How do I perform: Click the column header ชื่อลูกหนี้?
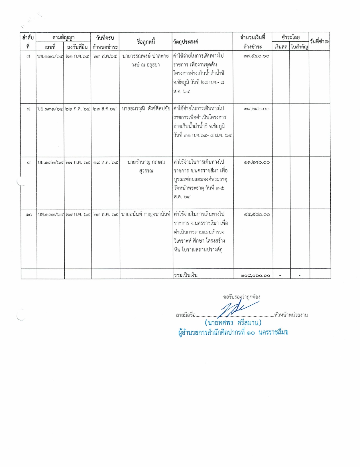(x=146, y=42)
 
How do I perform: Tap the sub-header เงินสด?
(x=281, y=47)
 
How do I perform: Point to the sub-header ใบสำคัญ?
(x=299, y=47)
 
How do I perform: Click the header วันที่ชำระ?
(x=320, y=41)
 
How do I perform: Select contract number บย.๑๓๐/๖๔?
(x=50, y=56)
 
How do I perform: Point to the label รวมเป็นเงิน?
(x=186, y=275)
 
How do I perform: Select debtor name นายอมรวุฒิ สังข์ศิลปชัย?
(x=146, y=109)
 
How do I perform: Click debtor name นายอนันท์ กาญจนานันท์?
(x=146, y=214)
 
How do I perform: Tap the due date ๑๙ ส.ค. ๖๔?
(x=105, y=162)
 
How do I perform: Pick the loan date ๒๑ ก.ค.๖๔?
(x=78, y=56)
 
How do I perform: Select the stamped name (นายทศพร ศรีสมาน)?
(x=233, y=323)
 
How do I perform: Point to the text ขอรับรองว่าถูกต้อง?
(x=241, y=297)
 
